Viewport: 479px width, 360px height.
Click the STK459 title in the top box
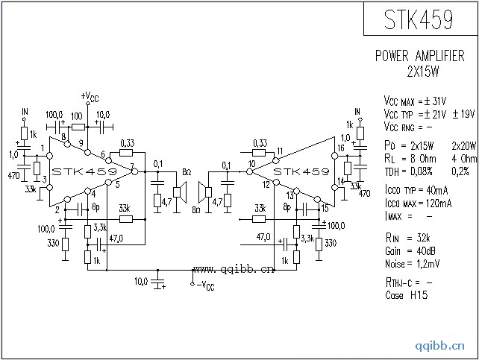click(419, 20)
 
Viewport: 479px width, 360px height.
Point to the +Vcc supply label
click(89, 97)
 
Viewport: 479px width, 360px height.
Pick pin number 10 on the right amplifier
click(251, 163)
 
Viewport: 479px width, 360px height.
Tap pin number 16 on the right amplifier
click(339, 148)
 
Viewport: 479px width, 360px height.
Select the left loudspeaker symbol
click(179, 192)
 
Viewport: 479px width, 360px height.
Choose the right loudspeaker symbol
click(201, 192)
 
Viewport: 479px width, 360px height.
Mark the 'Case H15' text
click(406, 295)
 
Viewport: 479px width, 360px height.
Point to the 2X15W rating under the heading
click(422, 72)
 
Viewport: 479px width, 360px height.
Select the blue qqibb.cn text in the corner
click(441, 346)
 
